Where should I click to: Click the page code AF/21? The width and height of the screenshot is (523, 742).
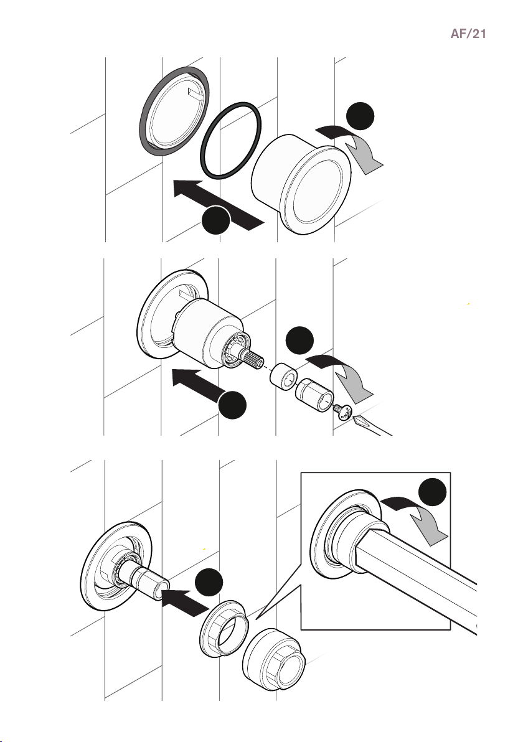pyautogui.click(x=468, y=34)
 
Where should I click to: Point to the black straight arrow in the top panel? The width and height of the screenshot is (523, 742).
pyautogui.click(x=218, y=205)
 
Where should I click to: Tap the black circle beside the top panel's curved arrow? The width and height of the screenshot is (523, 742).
pyautogui.click(x=360, y=116)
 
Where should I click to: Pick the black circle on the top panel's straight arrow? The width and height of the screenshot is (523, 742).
pyautogui.click(x=216, y=220)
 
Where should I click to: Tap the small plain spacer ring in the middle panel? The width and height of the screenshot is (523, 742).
pyautogui.click(x=283, y=375)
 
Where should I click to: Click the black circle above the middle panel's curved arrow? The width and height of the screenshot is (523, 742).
pyautogui.click(x=300, y=340)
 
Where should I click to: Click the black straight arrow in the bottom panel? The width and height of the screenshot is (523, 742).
pyautogui.click(x=184, y=601)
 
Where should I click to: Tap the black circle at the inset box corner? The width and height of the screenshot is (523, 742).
pyautogui.click(x=433, y=492)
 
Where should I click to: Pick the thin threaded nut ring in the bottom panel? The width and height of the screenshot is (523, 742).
pyautogui.click(x=223, y=629)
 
